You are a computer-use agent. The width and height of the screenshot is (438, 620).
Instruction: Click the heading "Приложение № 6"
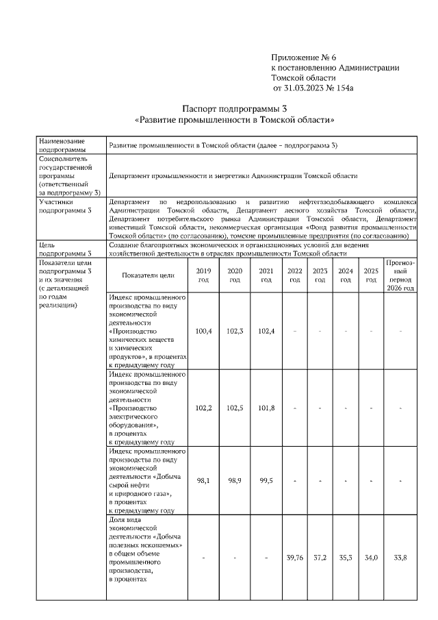305,56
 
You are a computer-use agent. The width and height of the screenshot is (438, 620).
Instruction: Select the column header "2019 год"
203,275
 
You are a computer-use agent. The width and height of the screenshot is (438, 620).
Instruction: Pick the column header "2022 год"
295,275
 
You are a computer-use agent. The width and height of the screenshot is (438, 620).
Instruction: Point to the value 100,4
203,331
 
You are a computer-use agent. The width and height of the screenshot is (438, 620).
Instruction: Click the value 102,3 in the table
235,331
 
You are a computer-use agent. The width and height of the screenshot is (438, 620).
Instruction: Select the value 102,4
266,331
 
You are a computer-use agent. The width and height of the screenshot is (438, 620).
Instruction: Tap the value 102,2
203,408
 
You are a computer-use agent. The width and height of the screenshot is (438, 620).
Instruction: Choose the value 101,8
266,408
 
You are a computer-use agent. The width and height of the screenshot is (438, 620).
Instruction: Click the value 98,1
203,480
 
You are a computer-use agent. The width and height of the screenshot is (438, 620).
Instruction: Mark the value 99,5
266,480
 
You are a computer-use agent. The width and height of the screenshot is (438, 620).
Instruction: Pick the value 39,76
295,558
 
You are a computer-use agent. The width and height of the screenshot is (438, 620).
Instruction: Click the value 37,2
320,558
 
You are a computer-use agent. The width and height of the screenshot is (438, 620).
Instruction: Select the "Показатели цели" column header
148,275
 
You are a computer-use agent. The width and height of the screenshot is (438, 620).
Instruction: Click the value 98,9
235,480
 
